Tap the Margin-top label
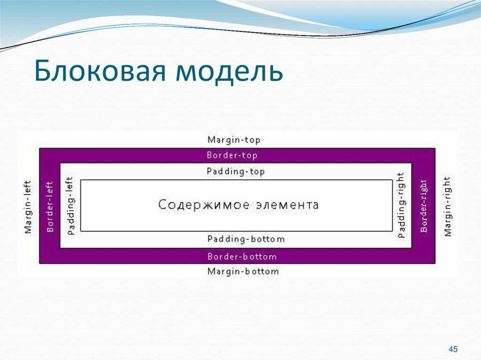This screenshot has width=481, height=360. pos(234,140)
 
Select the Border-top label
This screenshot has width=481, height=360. pos(232,155)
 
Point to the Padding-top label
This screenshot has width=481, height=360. pos(236,172)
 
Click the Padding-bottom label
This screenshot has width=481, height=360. pos(246,239)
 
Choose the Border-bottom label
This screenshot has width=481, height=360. pos(242,257)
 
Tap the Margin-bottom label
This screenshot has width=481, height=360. pos(243,271)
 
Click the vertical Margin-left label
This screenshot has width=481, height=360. pos(28,207)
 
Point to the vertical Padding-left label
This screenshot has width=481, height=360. pos(71,206)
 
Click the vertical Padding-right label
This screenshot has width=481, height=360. pos(401,206)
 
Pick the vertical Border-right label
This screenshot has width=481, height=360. pos(423,206)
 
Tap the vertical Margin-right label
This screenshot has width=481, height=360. pos(447,206)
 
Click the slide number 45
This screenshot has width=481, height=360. pos(453,349)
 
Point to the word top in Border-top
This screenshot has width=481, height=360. pos(249,155)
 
